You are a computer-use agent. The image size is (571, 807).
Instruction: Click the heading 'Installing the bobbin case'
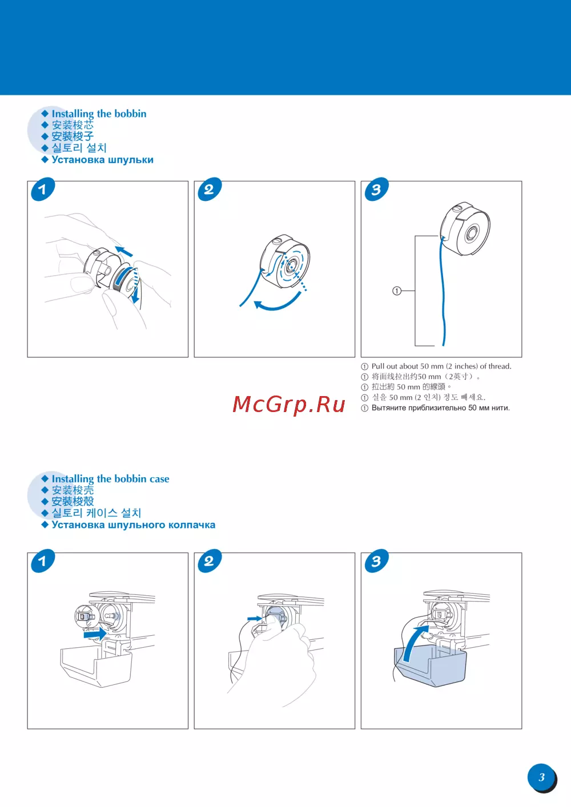coord(110,479)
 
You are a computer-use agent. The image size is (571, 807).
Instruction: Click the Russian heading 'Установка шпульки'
coord(102,160)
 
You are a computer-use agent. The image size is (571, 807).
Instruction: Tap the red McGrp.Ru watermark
coord(289,404)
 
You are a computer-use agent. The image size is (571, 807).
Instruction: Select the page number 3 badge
coord(541,777)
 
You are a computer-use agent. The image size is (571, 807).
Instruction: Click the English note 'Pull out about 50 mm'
coord(441,366)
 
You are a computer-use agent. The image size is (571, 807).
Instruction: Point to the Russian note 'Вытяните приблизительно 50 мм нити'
coord(440,408)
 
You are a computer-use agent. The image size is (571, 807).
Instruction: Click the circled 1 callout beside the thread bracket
coord(396,290)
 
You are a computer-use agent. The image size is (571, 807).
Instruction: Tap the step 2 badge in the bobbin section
coord(209,189)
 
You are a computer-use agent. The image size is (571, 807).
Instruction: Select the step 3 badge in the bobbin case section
coord(376,561)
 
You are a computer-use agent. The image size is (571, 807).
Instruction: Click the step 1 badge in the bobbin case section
coord(42,561)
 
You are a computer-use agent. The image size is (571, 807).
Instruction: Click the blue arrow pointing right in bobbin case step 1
coord(95,634)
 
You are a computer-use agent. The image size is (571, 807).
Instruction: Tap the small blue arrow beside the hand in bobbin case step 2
coord(255,619)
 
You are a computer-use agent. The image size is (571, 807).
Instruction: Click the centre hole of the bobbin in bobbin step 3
coord(471,234)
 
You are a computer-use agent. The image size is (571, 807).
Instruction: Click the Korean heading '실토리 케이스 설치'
coord(96,513)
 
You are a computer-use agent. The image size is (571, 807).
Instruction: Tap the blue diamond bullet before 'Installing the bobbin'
coord(45,114)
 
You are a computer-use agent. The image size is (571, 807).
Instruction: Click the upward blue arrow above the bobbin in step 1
coord(124,251)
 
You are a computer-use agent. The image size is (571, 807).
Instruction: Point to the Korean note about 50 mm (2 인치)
coord(428,397)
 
